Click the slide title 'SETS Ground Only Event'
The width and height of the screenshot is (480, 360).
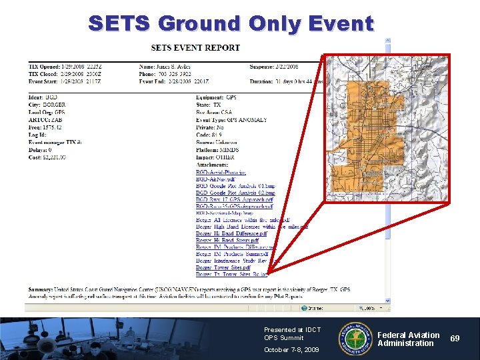click(x=231, y=24)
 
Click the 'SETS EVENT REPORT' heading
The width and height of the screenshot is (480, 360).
click(x=195, y=48)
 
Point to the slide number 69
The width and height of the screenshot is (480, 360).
click(x=454, y=339)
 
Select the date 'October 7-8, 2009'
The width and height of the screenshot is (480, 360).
click(x=291, y=350)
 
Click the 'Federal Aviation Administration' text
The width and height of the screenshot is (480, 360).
click(x=408, y=339)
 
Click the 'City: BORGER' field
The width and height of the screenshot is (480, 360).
click(x=46, y=105)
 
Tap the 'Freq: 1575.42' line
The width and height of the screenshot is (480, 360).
click(x=45, y=127)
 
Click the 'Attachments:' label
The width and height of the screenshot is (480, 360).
click(x=212, y=165)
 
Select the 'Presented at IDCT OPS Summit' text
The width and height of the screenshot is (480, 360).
click(x=292, y=333)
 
